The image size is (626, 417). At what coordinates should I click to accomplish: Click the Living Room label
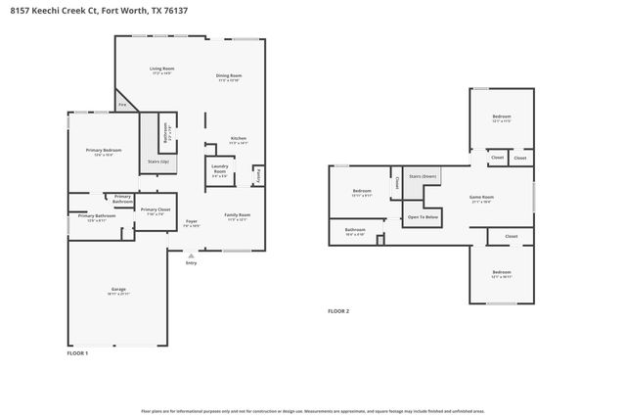coord(161,69)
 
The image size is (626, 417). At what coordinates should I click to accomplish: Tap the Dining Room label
coord(229,75)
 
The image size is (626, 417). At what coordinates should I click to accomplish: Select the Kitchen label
coord(239,139)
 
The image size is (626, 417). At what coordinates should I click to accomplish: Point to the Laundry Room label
coord(220,168)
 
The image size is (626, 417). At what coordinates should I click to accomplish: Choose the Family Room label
coord(238,214)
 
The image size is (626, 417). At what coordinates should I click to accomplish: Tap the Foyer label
coord(192,221)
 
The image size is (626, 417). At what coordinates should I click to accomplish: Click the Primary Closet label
coord(156,208)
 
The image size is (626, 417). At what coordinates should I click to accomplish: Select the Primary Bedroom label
coord(103,150)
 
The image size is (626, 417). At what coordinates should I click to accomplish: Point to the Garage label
coord(118,290)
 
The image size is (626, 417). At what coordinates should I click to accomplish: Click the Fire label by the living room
coord(123,105)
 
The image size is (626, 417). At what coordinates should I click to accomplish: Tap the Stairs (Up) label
coord(158,161)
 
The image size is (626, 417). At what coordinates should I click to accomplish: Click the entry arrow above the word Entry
coord(191,255)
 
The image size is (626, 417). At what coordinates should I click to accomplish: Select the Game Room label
coord(481,197)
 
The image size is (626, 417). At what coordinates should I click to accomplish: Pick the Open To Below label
coord(423,216)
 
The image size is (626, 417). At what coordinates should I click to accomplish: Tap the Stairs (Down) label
coord(423,176)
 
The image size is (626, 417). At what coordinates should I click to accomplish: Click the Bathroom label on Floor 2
coord(355,230)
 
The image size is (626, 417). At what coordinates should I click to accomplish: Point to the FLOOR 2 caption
coord(338,311)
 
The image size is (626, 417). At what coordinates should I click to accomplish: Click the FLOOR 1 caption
coord(77,352)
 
